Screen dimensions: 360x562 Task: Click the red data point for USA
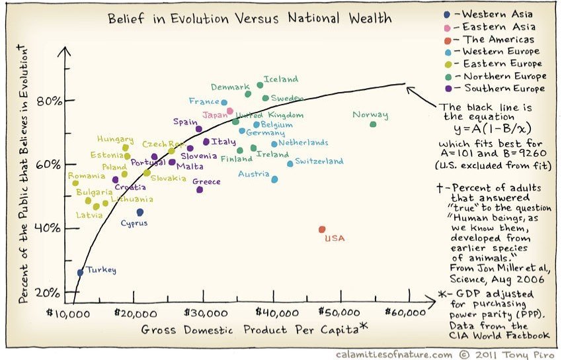tap(322, 230)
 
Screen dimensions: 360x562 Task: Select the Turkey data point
tap(80, 272)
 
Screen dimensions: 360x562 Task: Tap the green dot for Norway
tap(373, 124)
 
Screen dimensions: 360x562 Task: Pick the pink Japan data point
tap(230, 111)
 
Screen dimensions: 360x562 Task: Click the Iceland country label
tap(281, 79)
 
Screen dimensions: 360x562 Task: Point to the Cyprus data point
tap(140, 212)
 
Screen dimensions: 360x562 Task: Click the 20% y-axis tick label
tap(48, 292)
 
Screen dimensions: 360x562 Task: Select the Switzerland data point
tap(290, 163)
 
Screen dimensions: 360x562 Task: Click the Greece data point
tap(200, 190)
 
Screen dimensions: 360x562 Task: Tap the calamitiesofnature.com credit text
tap(395, 354)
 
